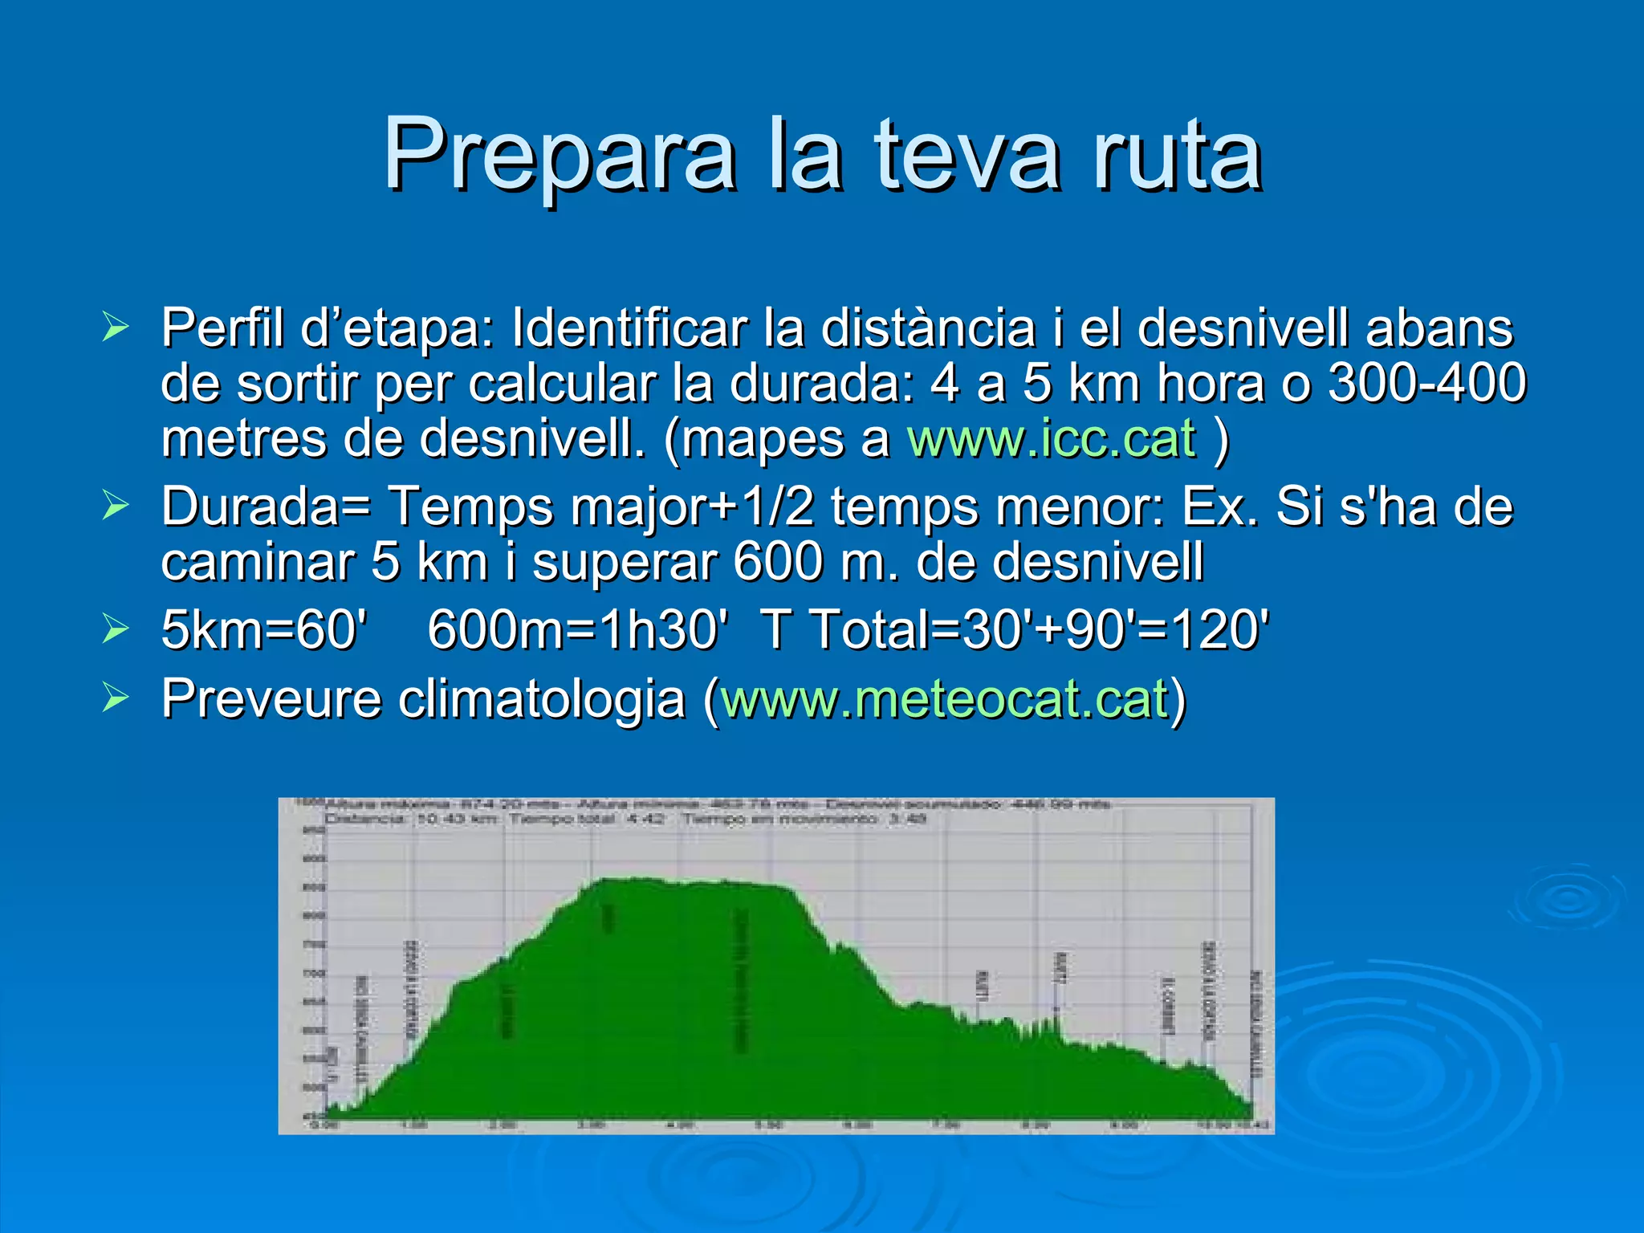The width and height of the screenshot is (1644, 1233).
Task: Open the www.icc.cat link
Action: (x=1051, y=438)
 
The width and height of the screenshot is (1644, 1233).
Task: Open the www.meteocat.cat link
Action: (x=944, y=698)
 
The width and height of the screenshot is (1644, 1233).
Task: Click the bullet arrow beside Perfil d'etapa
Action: (x=116, y=328)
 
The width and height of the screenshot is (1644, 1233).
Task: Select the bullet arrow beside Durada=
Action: (x=116, y=507)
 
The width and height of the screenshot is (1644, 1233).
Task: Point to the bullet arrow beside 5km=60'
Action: (x=116, y=629)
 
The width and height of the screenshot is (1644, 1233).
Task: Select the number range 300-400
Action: (x=1426, y=383)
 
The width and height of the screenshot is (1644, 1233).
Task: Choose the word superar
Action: (x=624, y=561)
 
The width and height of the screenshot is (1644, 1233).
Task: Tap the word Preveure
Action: (x=271, y=698)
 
